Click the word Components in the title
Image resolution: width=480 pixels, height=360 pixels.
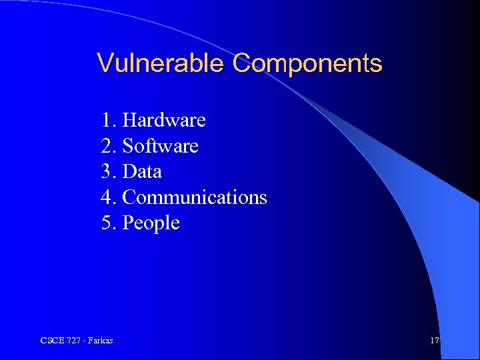pos(307,64)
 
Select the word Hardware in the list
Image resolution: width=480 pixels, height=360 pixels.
pos(165,120)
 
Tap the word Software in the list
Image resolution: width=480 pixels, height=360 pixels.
pos(161,145)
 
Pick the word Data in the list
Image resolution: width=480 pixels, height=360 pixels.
pos(143,171)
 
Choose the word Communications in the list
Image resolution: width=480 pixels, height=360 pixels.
pos(195,197)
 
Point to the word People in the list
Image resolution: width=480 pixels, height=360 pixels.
pos(152,223)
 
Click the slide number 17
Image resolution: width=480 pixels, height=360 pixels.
pos(435,341)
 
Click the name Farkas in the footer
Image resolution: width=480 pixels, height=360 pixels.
pos(100,341)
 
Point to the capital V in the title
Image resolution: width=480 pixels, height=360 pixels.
pos(105,63)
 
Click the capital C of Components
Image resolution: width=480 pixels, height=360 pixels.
pos(241,64)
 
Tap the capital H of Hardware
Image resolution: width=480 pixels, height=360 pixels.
pos(129,120)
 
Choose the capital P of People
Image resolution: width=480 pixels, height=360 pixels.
pos(129,223)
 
